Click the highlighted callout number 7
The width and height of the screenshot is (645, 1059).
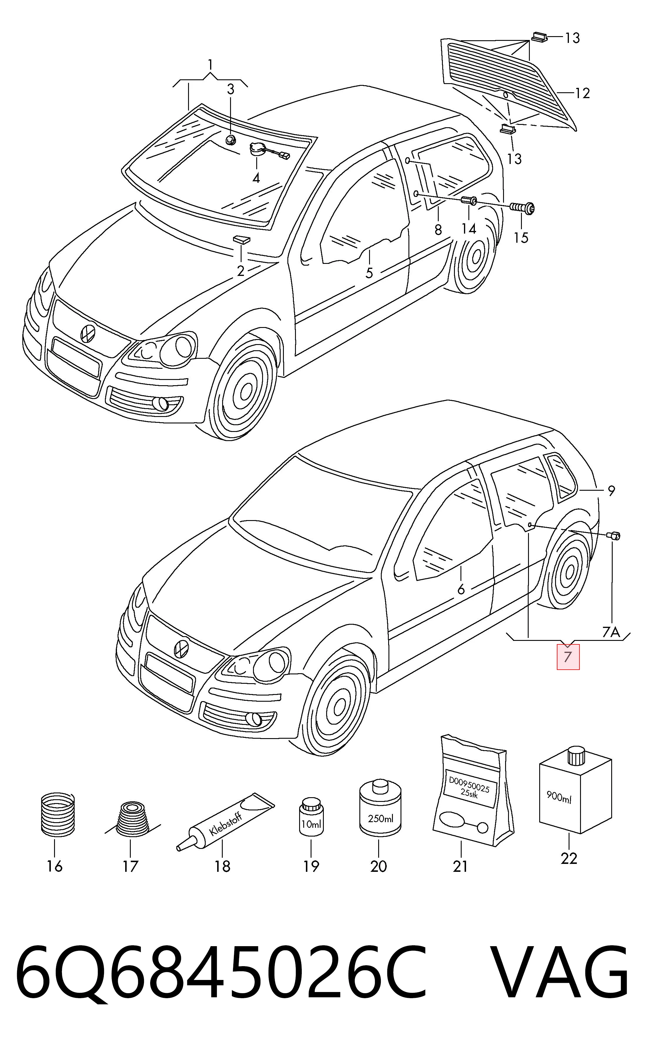(x=568, y=657)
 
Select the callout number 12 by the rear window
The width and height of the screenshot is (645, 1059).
(x=582, y=93)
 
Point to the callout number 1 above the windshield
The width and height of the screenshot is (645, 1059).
(x=210, y=65)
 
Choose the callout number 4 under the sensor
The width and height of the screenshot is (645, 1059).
(x=256, y=178)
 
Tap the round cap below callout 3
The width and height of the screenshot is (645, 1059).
(x=231, y=139)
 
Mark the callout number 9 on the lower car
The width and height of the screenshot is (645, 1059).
(x=611, y=490)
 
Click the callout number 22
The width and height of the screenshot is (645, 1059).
(x=569, y=858)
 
